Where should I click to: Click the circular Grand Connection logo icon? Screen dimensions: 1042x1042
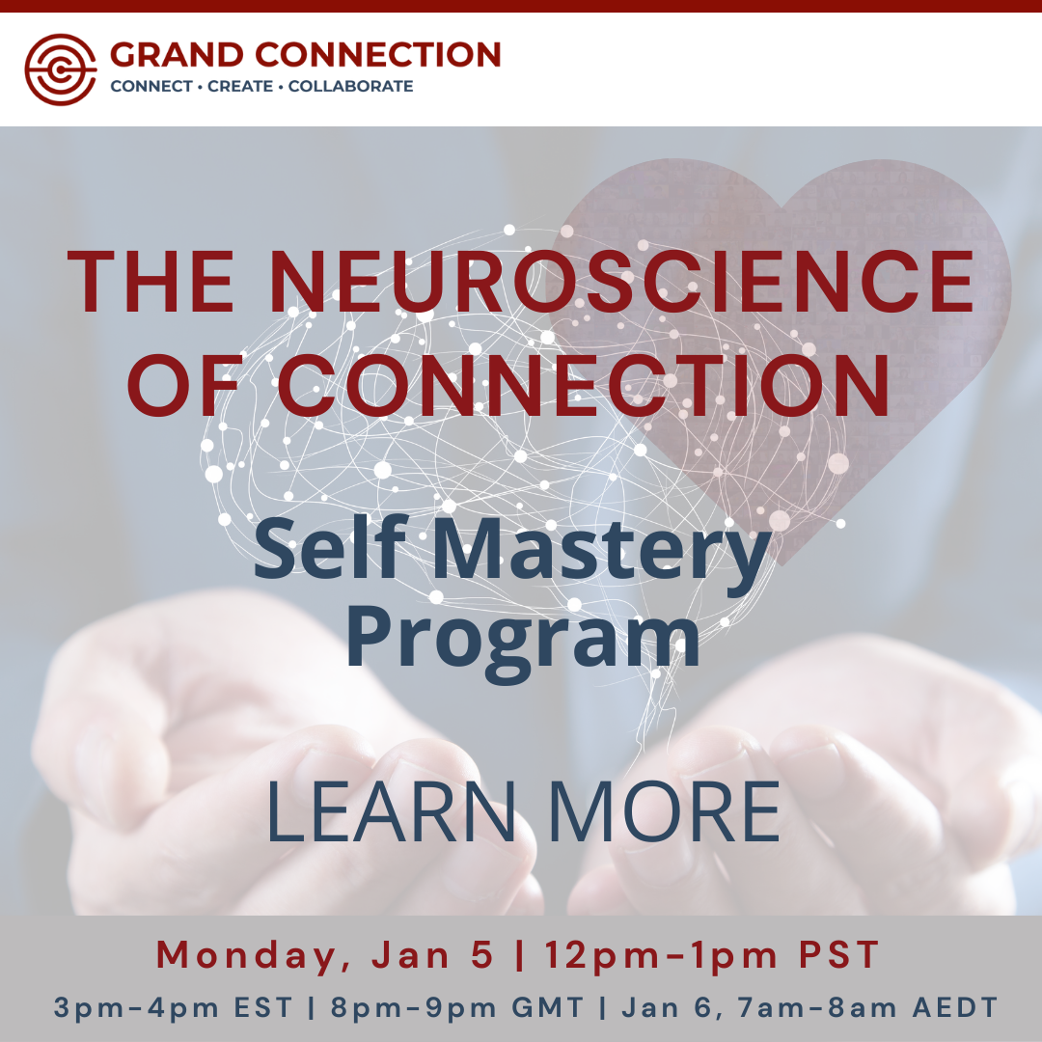click(61, 69)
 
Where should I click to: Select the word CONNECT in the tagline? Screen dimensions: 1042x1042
click(151, 87)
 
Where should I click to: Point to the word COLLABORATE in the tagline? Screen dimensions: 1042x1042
click(350, 87)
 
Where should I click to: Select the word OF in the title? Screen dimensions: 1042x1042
click(189, 385)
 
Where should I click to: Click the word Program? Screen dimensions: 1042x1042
click(522, 639)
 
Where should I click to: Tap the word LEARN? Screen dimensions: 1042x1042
click(392, 812)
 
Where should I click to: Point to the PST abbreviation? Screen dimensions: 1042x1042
click(839, 955)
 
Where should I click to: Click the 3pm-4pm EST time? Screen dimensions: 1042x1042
click(174, 1009)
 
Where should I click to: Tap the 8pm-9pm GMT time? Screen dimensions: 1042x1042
click(457, 1009)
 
